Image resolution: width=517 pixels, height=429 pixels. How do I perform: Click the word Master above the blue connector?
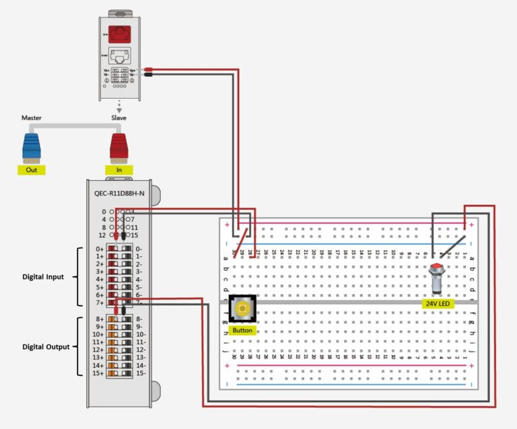[31, 118]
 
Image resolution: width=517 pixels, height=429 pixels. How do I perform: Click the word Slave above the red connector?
[119, 118]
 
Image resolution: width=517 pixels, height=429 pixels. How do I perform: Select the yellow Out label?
[32, 170]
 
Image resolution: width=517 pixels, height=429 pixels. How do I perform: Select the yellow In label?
[119, 170]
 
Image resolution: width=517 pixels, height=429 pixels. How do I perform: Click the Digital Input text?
[43, 276]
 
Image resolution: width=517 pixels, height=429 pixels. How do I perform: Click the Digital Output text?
[46, 347]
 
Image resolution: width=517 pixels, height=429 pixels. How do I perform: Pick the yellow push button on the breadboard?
[242, 309]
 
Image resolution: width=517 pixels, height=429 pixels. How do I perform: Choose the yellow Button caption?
[242, 331]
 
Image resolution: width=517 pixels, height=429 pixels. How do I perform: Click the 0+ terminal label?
[100, 249]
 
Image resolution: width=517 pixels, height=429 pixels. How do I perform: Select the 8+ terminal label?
[100, 319]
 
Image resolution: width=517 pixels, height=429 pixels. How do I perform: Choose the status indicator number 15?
[135, 235]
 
